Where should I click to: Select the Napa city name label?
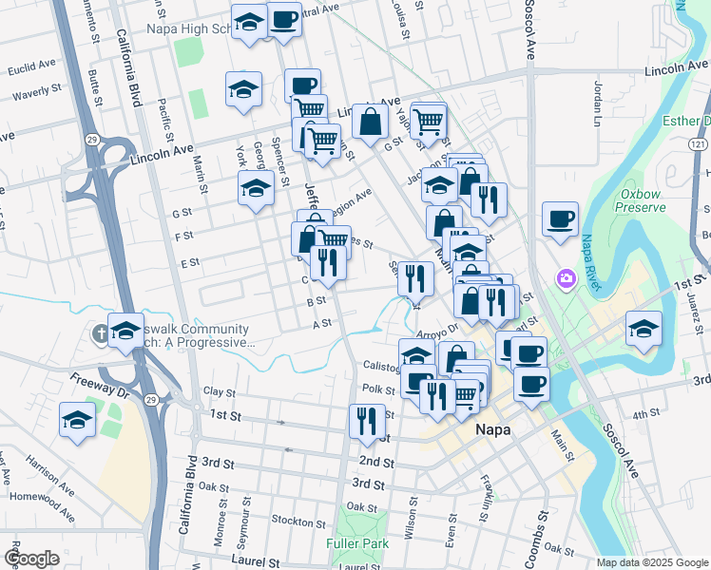pyautogui.click(x=492, y=430)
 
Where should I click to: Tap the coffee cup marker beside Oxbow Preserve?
pyautogui.click(x=560, y=219)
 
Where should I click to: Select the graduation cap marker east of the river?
pyautogui.click(x=644, y=330)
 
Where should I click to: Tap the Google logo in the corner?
pyautogui.click(x=31, y=559)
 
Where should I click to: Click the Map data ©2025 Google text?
pyautogui.click(x=652, y=562)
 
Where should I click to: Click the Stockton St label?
pyautogui.click(x=298, y=522)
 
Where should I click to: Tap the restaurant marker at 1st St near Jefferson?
pyautogui.click(x=367, y=421)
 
